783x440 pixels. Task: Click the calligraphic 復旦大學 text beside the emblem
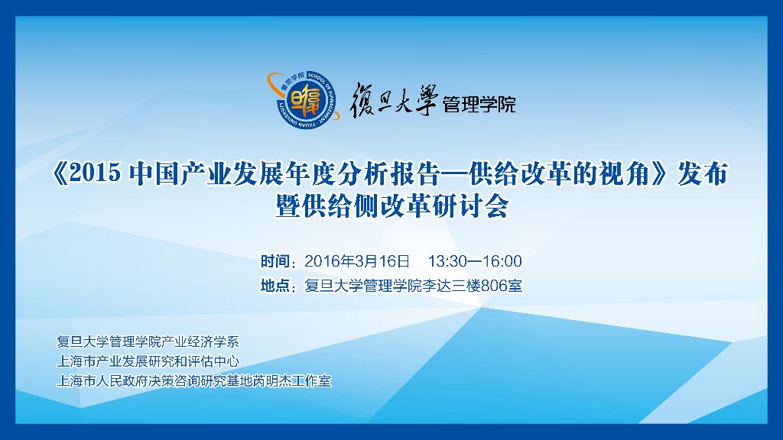[394, 99]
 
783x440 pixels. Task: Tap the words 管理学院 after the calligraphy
[479, 105]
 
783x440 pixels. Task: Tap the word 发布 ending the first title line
[702, 173]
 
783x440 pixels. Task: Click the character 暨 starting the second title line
[288, 205]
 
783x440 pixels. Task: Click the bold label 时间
[275, 261]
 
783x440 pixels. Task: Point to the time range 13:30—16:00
[475, 261]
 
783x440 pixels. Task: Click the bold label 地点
[275, 286]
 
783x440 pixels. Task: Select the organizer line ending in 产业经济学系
[148, 341]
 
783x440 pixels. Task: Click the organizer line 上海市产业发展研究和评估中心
[148, 361]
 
